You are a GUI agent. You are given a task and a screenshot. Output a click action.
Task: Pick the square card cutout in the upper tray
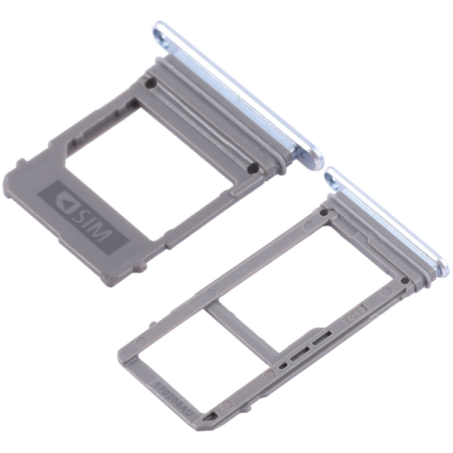[145, 160]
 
